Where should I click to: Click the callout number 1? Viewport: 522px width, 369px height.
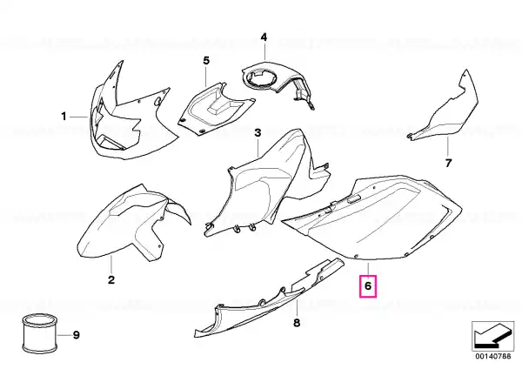(x=64, y=117)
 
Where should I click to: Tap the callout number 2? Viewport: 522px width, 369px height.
(x=111, y=279)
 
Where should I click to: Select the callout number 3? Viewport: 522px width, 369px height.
(x=258, y=133)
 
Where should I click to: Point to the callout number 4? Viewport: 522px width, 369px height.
(x=264, y=37)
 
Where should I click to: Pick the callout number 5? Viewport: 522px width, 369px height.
(x=206, y=61)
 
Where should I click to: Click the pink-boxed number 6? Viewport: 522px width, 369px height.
(x=368, y=285)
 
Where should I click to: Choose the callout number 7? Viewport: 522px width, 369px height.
(x=448, y=164)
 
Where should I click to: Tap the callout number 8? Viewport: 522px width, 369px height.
(x=297, y=323)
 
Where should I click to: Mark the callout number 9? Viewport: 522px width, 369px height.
(x=77, y=335)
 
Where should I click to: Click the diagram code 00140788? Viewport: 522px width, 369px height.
(x=492, y=356)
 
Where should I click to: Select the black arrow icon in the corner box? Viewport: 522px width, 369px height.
(x=492, y=336)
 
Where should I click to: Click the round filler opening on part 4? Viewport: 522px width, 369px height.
(x=261, y=78)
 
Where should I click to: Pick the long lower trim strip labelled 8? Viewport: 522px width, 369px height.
(x=266, y=299)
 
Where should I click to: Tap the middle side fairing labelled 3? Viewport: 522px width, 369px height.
(x=263, y=186)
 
